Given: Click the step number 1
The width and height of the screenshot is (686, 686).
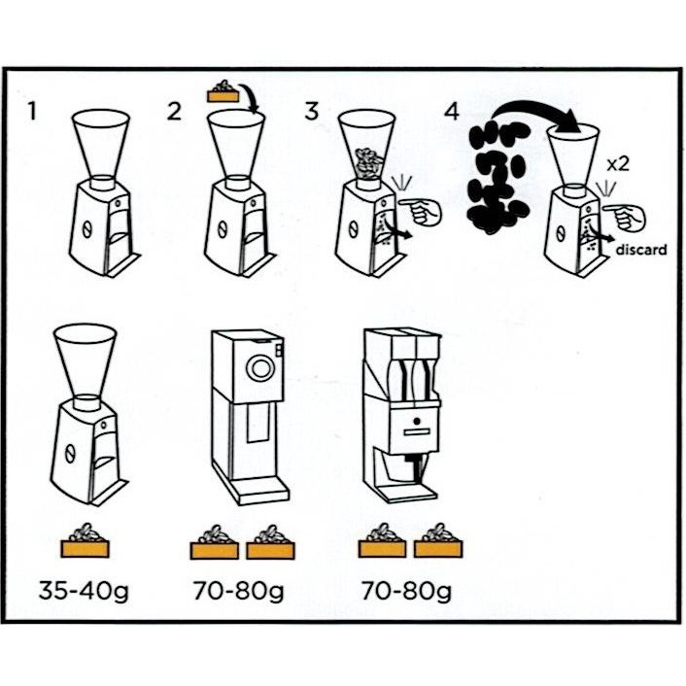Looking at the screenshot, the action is click(x=31, y=111).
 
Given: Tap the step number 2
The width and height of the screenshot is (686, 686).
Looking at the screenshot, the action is click(x=174, y=111).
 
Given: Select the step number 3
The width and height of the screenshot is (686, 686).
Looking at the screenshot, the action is click(x=312, y=111).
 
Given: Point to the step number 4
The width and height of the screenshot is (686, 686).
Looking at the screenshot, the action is click(x=452, y=111).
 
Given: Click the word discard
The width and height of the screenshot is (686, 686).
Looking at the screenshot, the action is click(x=641, y=250).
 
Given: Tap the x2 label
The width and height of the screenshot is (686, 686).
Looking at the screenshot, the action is click(x=618, y=164).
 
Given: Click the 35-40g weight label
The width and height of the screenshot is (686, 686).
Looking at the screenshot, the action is click(x=84, y=591).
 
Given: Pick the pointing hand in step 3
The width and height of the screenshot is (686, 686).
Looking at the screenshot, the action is click(x=420, y=211).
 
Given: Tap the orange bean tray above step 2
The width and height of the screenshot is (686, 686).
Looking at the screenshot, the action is click(x=223, y=92).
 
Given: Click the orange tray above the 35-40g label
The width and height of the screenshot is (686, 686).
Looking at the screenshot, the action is click(x=85, y=541).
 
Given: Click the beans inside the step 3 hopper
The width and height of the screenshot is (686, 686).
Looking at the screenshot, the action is click(x=368, y=163).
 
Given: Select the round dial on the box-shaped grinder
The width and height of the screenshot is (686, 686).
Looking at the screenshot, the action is click(x=260, y=367).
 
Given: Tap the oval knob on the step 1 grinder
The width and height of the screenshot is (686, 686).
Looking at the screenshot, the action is click(x=86, y=228).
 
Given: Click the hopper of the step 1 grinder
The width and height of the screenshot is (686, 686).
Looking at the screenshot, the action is click(x=101, y=144).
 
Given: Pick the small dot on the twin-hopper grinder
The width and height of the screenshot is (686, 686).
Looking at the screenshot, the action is click(x=416, y=422).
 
